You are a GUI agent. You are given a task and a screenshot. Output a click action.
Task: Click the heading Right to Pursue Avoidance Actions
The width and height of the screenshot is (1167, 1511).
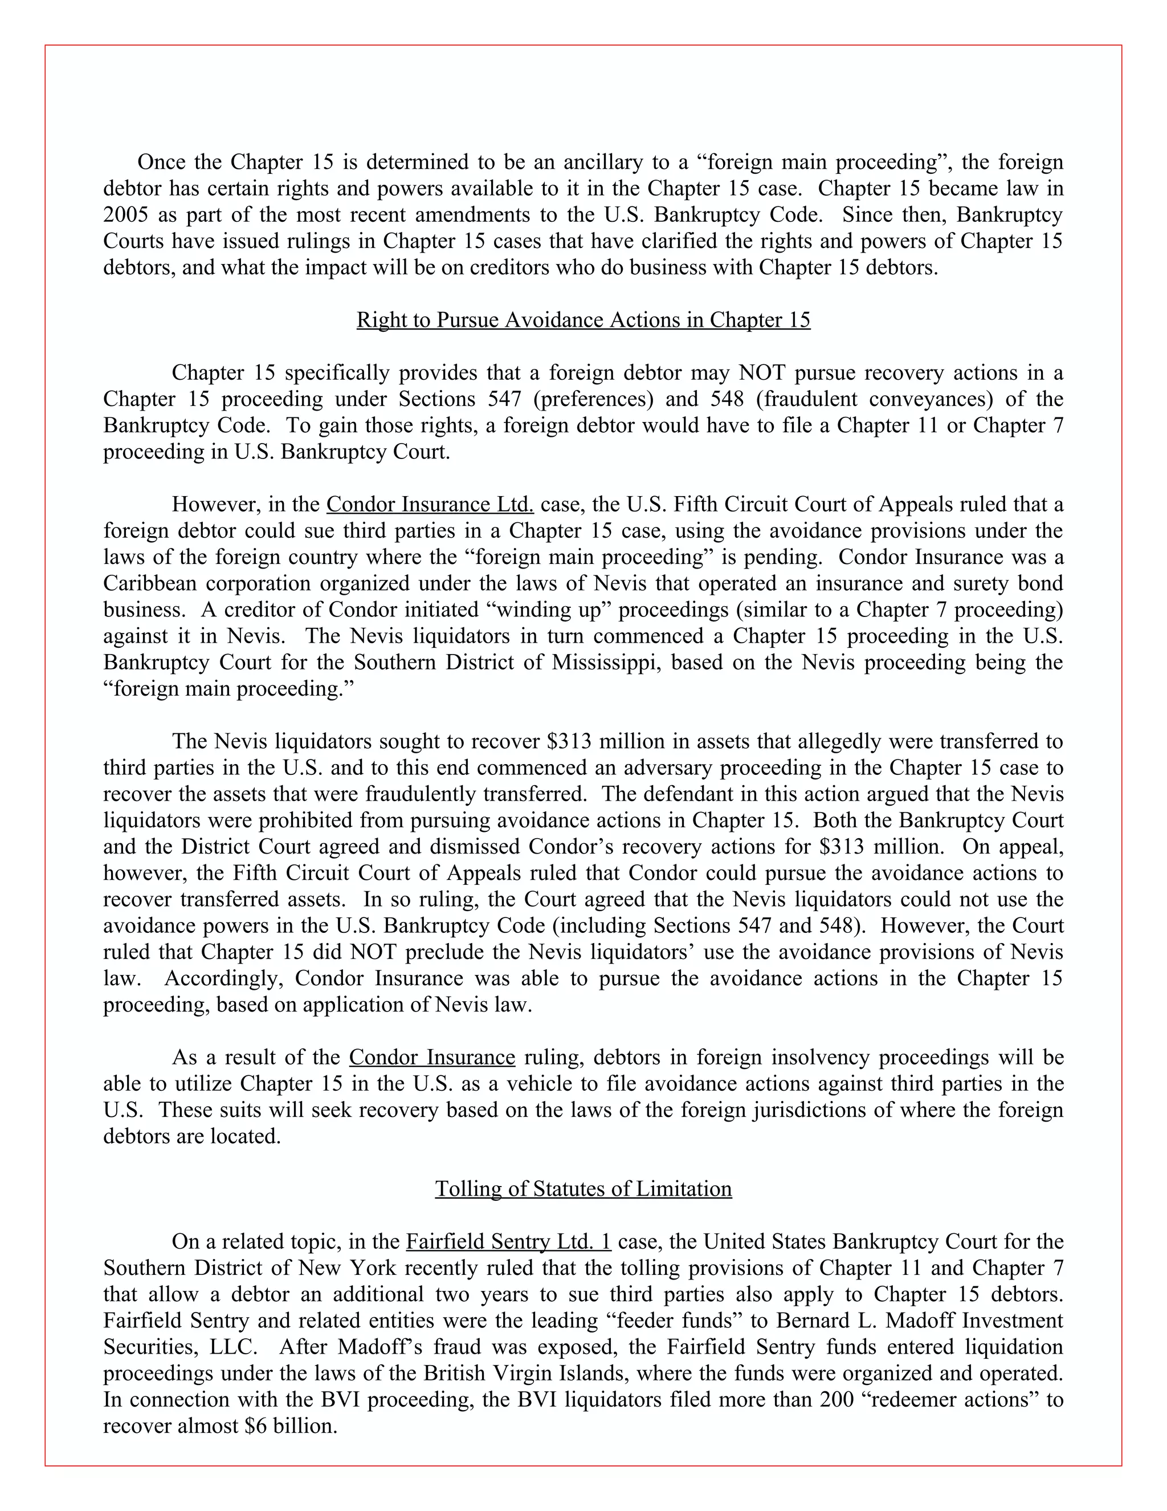(583, 320)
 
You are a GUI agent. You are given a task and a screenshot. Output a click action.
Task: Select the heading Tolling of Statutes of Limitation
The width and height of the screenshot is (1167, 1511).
(583, 1189)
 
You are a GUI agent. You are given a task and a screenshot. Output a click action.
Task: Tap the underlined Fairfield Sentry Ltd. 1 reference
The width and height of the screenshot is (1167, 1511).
(508, 1241)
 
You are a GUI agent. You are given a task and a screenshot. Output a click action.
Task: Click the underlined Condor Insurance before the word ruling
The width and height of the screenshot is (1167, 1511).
(431, 1057)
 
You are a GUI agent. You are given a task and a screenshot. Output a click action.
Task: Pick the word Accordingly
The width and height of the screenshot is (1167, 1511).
(224, 979)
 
